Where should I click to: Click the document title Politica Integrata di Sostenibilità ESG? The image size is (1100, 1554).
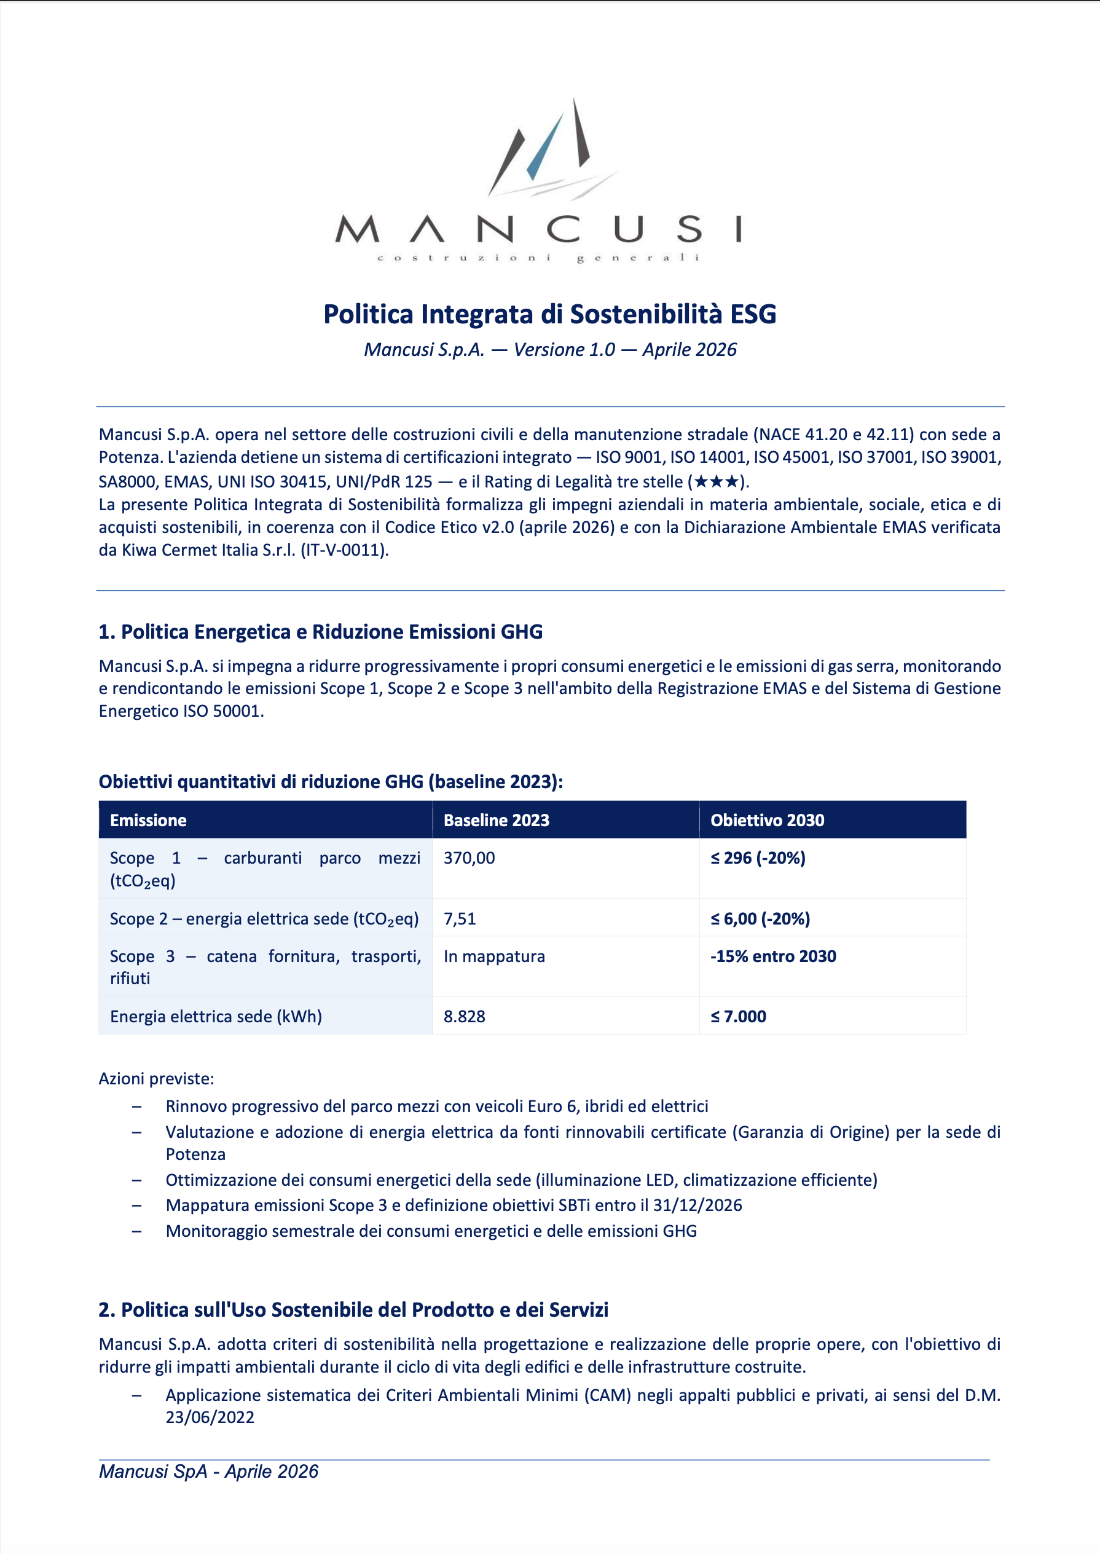click(x=549, y=314)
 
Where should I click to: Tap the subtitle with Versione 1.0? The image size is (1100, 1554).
click(x=549, y=350)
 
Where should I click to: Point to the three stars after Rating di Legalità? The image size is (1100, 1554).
click(x=716, y=482)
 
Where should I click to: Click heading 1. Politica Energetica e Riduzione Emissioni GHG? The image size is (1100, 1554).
click(x=320, y=632)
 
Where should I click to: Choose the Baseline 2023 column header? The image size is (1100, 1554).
click(x=496, y=821)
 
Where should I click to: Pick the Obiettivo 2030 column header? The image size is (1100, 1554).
click(x=767, y=821)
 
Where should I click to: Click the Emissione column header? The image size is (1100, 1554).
click(x=148, y=821)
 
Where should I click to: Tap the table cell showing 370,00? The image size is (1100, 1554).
click(x=469, y=858)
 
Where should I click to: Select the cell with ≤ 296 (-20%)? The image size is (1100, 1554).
click(x=758, y=858)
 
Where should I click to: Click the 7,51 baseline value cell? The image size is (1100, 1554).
click(x=460, y=919)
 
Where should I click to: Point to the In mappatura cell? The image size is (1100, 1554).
click(x=494, y=956)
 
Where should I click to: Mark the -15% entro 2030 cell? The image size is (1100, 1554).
click(x=773, y=956)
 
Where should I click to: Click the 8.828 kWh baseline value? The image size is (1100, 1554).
click(x=464, y=1017)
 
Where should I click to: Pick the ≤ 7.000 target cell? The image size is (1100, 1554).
click(x=738, y=1017)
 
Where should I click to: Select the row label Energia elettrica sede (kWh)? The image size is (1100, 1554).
click(x=216, y=1017)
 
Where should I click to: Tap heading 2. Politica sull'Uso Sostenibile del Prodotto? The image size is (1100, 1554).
click(x=353, y=1310)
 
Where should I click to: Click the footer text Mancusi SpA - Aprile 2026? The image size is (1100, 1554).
click(x=208, y=1472)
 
